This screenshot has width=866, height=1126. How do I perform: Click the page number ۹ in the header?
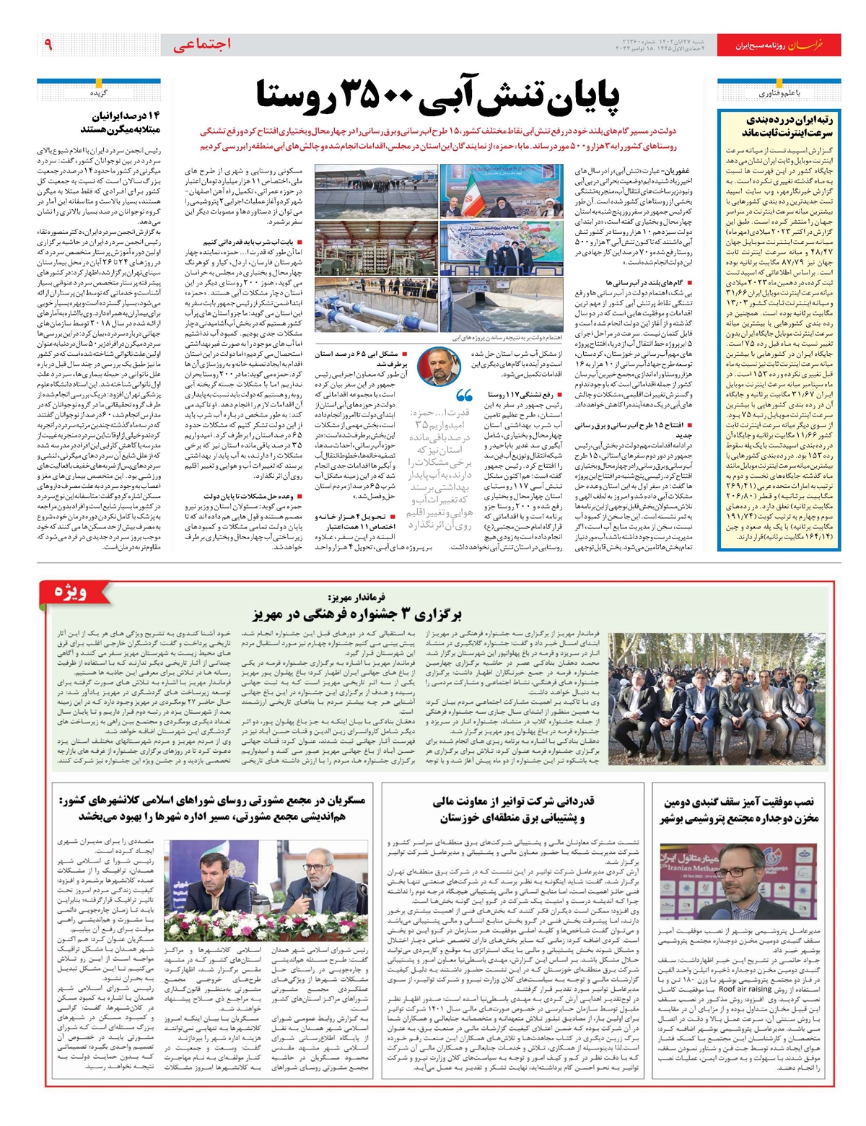(x=48, y=45)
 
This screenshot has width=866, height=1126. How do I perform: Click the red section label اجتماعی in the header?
(x=202, y=45)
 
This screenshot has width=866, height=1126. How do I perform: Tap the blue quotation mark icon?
(x=464, y=396)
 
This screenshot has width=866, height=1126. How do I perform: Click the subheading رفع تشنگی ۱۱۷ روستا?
(x=520, y=395)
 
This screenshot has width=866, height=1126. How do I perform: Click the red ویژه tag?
(x=73, y=593)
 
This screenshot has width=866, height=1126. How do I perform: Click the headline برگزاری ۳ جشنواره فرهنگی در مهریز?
(x=357, y=615)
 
